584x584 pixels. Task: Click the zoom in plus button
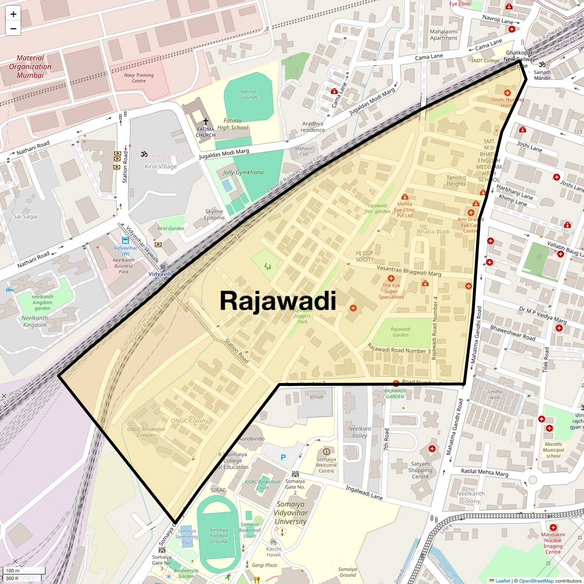13,14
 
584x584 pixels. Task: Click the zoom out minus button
13,29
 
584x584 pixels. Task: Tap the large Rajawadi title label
277,301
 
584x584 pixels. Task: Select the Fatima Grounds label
248,94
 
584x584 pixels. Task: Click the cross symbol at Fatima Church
205,121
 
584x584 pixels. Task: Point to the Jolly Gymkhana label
243,172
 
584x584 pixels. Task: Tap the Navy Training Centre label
139,78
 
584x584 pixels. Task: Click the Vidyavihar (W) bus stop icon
125,240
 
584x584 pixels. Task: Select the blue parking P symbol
283,457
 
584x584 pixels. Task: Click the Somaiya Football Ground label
219,535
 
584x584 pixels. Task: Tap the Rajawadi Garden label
400,332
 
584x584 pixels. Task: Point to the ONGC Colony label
189,420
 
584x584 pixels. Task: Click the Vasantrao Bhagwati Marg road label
409,271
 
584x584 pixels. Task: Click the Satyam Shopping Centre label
420,470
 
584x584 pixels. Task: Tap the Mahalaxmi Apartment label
443,35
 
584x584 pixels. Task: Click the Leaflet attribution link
502,581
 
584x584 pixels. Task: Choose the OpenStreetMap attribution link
536,581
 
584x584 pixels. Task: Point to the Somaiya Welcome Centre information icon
326,451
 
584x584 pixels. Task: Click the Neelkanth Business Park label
124,266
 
